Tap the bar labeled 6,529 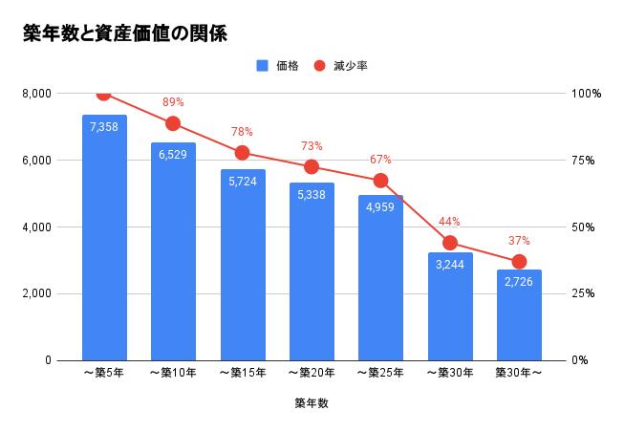[173, 253]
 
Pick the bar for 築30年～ [519, 315]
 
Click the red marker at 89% [173, 123]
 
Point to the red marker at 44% [450, 243]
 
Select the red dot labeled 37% [519, 262]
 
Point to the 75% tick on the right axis [586, 161]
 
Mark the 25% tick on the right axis [586, 293]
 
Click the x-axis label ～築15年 [243, 373]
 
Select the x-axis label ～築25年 [380, 373]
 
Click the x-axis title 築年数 [312, 403]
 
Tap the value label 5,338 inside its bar [312, 195]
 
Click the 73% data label [312, 146]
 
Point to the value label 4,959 [380, 207]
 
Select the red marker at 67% [380, 181]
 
